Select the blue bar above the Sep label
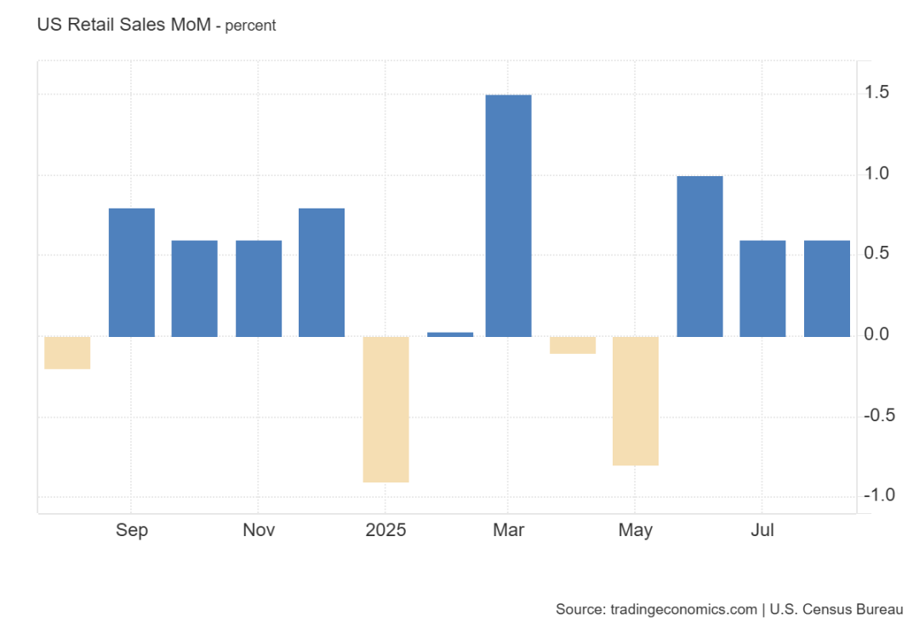tap(132, 272)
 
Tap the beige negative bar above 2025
tap(385, 409)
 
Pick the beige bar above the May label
tap(636, 401)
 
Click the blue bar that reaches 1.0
tap(699, 256)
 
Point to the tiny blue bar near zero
tap(450, 334)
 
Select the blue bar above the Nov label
tap(259, 288)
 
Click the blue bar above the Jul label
tap(762, 288)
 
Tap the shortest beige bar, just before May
tap(573, 345)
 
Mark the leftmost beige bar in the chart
tap(67, 352)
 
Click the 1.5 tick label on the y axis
tap(877, 93)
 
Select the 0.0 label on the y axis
tap(877, 335)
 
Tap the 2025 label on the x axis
tap(385, 530)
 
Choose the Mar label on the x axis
tap(508, 530)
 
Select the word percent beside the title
tap(250, 26)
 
